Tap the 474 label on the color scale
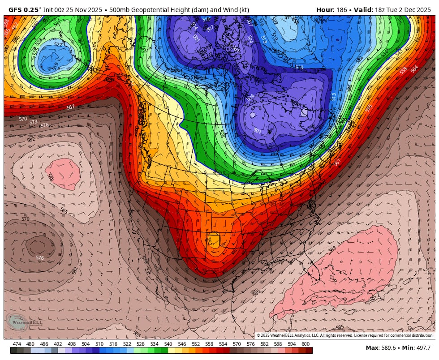17,344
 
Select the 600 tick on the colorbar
306,344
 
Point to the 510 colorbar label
99,344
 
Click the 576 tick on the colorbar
251,344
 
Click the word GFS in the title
16,10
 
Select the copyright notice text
345,335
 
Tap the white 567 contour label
70,107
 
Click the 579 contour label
25,219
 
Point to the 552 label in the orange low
209,240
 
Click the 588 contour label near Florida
332,249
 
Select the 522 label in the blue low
58,45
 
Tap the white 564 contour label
414,68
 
